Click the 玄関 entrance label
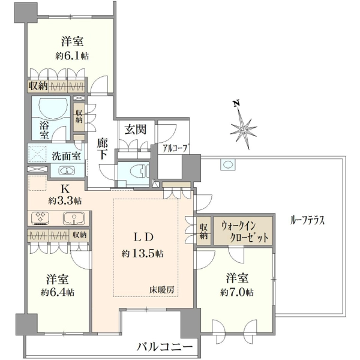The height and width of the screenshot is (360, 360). (136, 130)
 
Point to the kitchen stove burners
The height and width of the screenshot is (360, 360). (40, 218)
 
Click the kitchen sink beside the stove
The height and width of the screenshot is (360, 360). (74, 218)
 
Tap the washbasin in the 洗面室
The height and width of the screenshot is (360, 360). (67, 170)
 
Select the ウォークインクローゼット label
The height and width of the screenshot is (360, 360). (244, 232)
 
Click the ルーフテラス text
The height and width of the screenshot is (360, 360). (307, 221)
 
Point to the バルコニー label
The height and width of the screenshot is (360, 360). (164, 347)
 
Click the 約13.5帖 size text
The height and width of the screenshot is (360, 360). (142, 254)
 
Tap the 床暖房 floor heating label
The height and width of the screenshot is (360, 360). (162, 290)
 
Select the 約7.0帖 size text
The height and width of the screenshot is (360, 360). (237, 293)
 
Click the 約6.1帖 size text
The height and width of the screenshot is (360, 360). (72, 56)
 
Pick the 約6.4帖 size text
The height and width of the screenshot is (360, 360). (58, 292)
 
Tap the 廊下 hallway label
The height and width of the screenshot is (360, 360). (102, 149)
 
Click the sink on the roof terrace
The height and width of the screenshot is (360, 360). (228, 164)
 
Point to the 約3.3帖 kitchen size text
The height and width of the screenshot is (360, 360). (65, 201)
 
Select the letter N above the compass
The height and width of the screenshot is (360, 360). (236, 104)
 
